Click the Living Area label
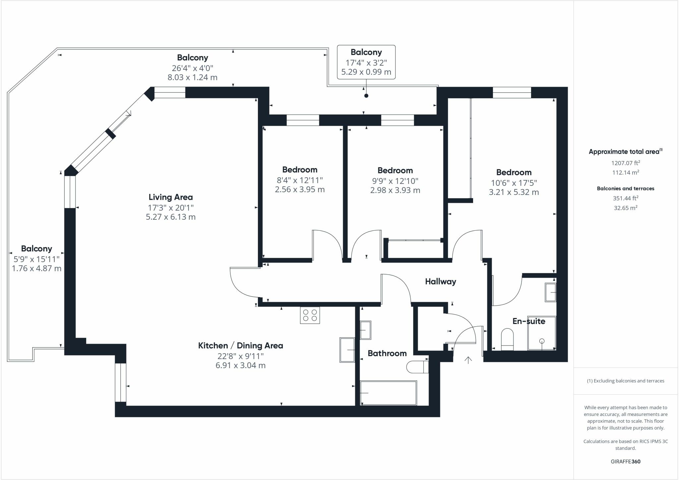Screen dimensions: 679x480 coord(170,197)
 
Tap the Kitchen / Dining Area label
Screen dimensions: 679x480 coord(240,346)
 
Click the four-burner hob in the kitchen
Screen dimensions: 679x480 coord(310,315)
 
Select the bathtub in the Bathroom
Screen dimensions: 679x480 coord(389,393)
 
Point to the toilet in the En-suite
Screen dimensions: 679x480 coord(507,339)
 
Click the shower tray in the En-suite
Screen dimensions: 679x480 coord(541,333)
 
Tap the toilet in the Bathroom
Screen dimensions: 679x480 coord(417,367)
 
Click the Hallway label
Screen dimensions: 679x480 coord(440,281)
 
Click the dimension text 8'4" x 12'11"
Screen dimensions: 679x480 coord(300,180)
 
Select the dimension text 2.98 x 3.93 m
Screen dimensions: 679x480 coord(395,190)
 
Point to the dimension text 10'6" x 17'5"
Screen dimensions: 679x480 coord(514,183)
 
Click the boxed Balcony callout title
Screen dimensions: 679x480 coord(366,52)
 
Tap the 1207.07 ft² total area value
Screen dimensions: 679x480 coord(625,163)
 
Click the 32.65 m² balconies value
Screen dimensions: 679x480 coord(625,208)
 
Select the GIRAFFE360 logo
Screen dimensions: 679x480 coord(625,461)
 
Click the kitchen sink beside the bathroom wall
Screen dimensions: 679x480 coord(347,350)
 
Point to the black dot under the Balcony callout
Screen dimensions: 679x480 coord(366,96)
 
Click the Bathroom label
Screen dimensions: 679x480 coord(387,353)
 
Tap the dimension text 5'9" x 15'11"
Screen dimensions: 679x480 coord(36,259)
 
